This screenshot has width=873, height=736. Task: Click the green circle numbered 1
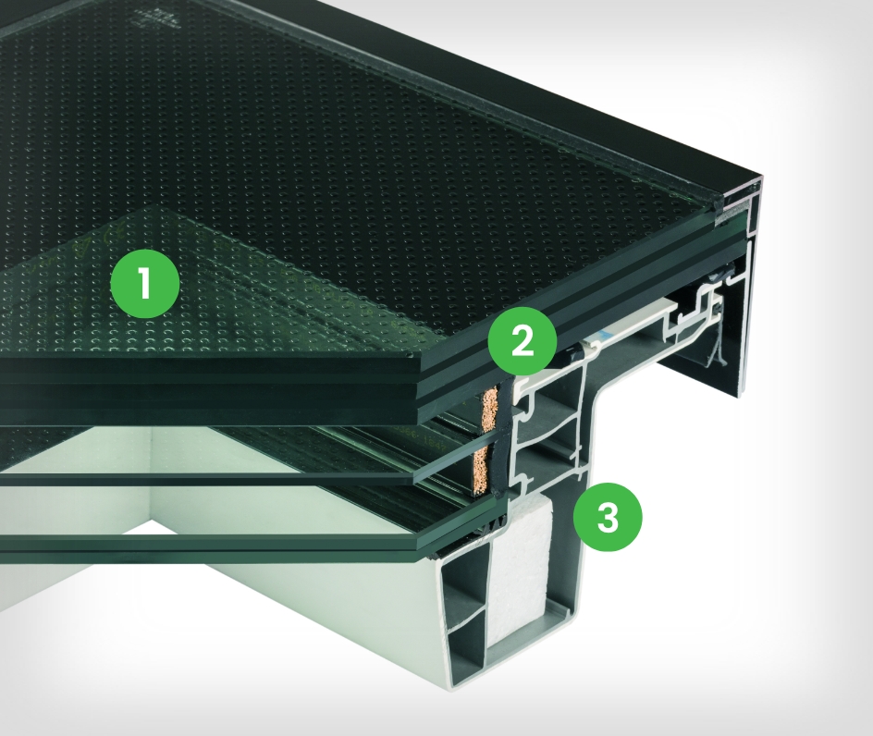click(145, 284)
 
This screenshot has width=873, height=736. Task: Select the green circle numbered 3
click(607, 517)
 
